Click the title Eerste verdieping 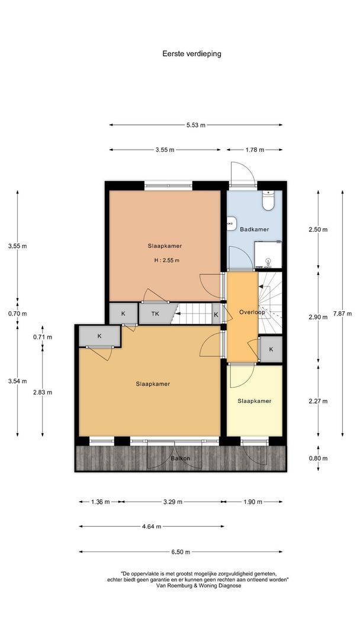(x=192, y=53)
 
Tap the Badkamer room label (x=255, y=229)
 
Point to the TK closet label (x=155, y=314)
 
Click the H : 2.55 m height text (x=166, y=260)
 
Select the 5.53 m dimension (x=195, y=125)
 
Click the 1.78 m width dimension (x=254, y=150)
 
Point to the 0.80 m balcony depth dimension (x=319, y=458)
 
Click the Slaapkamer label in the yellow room (x=255, y=401)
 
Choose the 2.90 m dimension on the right (x=319, y=317)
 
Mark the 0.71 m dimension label (x=43, y=337)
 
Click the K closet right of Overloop (x=271, y=349)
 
